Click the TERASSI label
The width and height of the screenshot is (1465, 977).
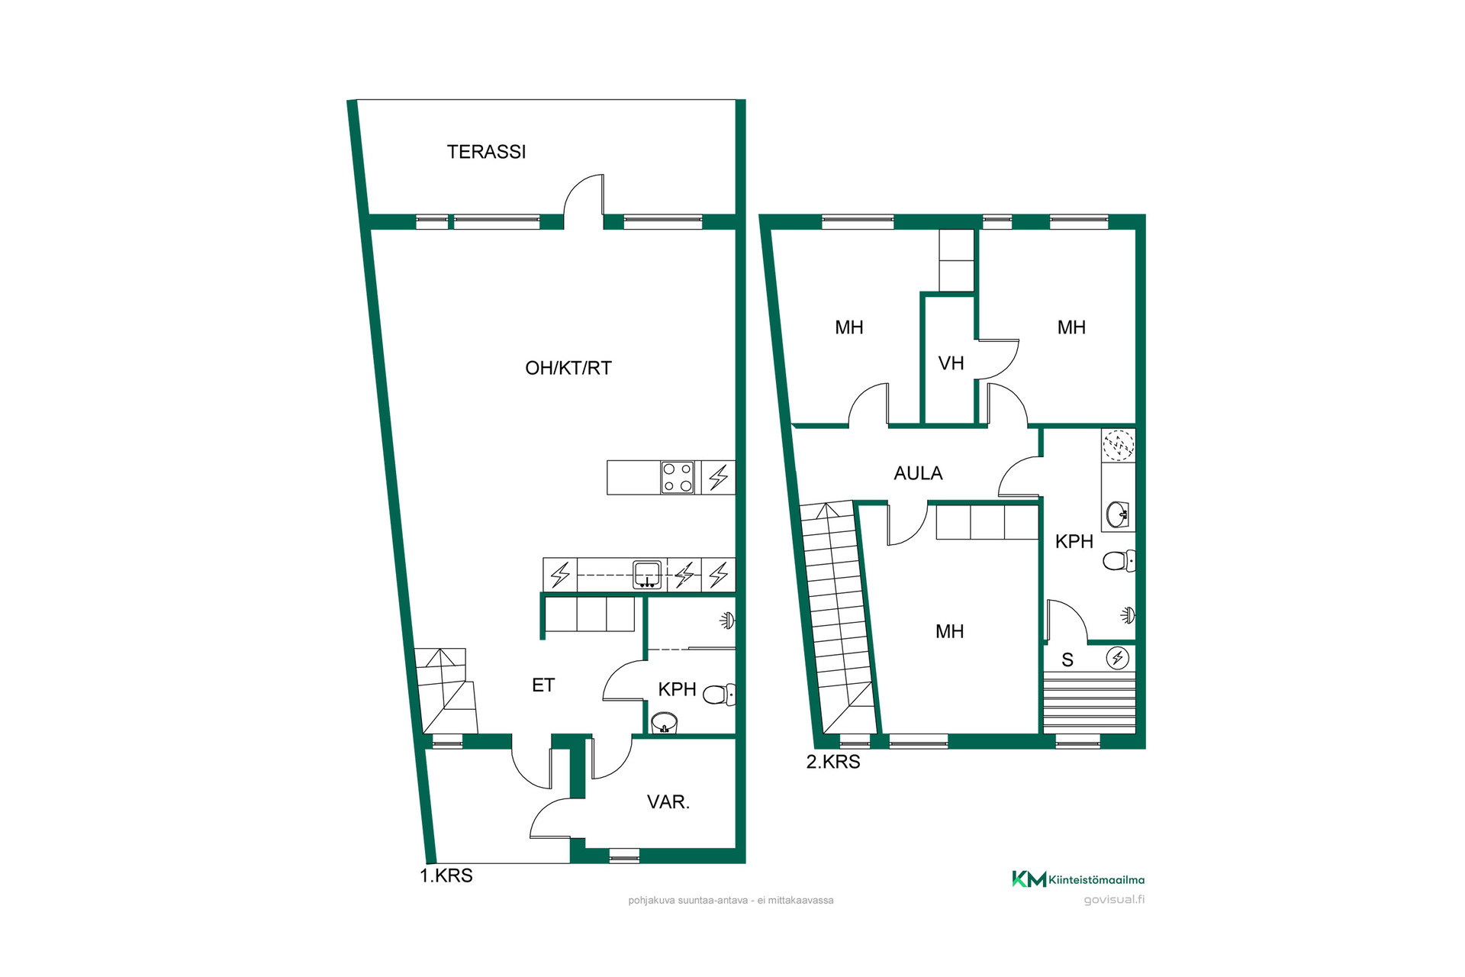pyautogui.click(x=486, y=152)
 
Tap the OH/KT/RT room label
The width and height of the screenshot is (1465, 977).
pyautogui.click(x=568, y=368)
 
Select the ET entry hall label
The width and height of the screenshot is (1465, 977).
pyautogui.click(x=543, y=685)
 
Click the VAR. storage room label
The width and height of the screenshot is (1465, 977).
pyautogui.click(x=668, y=802)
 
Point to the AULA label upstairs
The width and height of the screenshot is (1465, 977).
pyautogui.click(x=918, y=473)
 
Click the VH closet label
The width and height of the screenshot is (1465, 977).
pyautogui.click(x=951, y=363)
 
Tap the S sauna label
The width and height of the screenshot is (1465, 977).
pyautogui.click(x=1067, y=660)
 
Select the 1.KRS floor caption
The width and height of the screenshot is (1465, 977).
pyautogui.click(x=446, y=875)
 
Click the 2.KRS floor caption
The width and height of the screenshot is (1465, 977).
pyautogui.click(x=833, y=762)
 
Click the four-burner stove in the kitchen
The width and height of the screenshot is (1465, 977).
pyautogui.click(x=678, y=478)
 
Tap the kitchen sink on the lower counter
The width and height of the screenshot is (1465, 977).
pyautogui.click(x=647, y=575)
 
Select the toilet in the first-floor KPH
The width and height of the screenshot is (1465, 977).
pyautogui.click(x=719, y=695)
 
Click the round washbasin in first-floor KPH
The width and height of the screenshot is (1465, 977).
pyautogui.click(x=665, y=722)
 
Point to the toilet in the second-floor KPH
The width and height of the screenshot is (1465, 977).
pyautogui.click(x=1119, y=561)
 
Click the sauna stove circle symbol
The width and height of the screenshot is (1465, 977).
pyautogui.click(x=1118, y=657)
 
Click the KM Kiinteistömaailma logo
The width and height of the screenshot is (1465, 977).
pyautogui.click(x=1078, y=879)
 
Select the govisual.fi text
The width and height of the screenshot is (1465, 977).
pyautogui.click(x=1114, y=900)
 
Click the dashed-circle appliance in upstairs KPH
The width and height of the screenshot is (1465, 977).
pyautogui.click(x=1119, y=446)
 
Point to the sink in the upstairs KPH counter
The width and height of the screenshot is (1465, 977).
pyautogui.click(x=1119, y=514)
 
